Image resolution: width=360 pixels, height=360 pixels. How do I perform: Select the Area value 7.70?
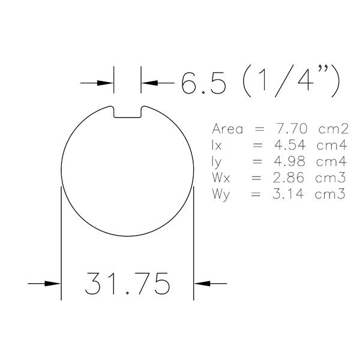(x=291, y=128)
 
